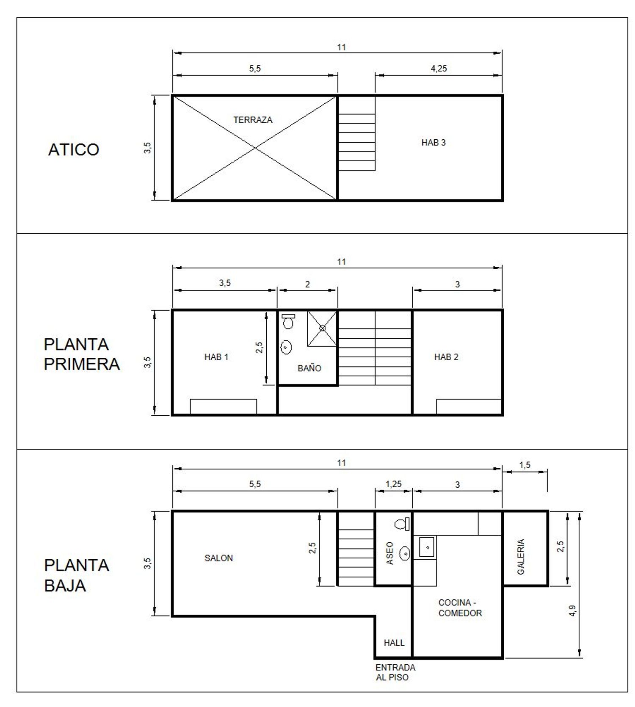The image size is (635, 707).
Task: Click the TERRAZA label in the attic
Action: click(253, 120)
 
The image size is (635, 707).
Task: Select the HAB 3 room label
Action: click(433, 143)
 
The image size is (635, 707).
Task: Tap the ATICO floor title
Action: click(74, 149)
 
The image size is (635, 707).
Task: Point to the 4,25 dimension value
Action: click(439, 69)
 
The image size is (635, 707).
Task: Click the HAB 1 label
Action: click(216, 357)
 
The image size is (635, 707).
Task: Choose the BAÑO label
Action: click(309, 368)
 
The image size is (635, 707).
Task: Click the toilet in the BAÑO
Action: click(288, 322)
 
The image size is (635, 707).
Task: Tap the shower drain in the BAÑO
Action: click(322, 328)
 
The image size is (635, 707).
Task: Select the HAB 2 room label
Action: click(446, 357)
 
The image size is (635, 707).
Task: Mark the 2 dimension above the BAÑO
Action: click(307, 284)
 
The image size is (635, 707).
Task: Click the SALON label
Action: click(218, 558)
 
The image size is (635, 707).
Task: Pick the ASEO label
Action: click(390, 553)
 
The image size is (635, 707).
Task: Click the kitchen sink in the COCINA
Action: click(427, 547)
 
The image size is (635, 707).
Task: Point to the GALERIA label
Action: click(521, 556)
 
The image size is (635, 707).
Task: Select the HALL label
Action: click(394, 643)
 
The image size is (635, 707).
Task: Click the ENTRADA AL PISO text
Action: click(395, 672)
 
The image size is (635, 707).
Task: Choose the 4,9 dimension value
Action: click(572, 610)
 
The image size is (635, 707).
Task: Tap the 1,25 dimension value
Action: click(393, 484)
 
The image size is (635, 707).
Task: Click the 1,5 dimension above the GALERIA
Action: click(525, 465)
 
